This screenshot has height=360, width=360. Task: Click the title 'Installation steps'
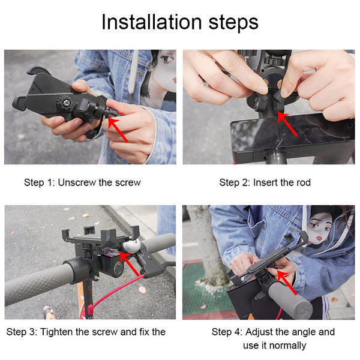(179, 22)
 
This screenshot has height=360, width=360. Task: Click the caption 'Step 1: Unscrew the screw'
(82, 182)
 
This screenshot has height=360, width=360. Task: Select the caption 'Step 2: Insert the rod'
(265, 182)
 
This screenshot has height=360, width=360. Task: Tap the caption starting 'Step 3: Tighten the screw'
(86, 332)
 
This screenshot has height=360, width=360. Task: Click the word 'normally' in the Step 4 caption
(287, 345)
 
